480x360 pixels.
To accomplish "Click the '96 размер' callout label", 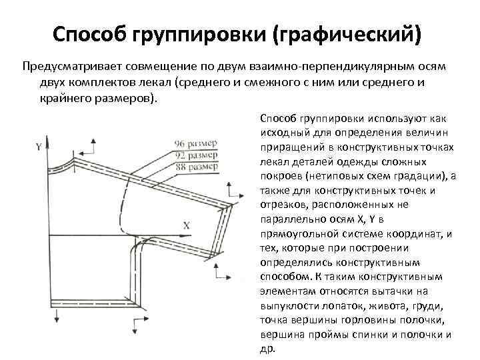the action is tap(195, 143).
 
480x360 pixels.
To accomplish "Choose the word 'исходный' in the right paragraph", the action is tap(277, 133).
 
